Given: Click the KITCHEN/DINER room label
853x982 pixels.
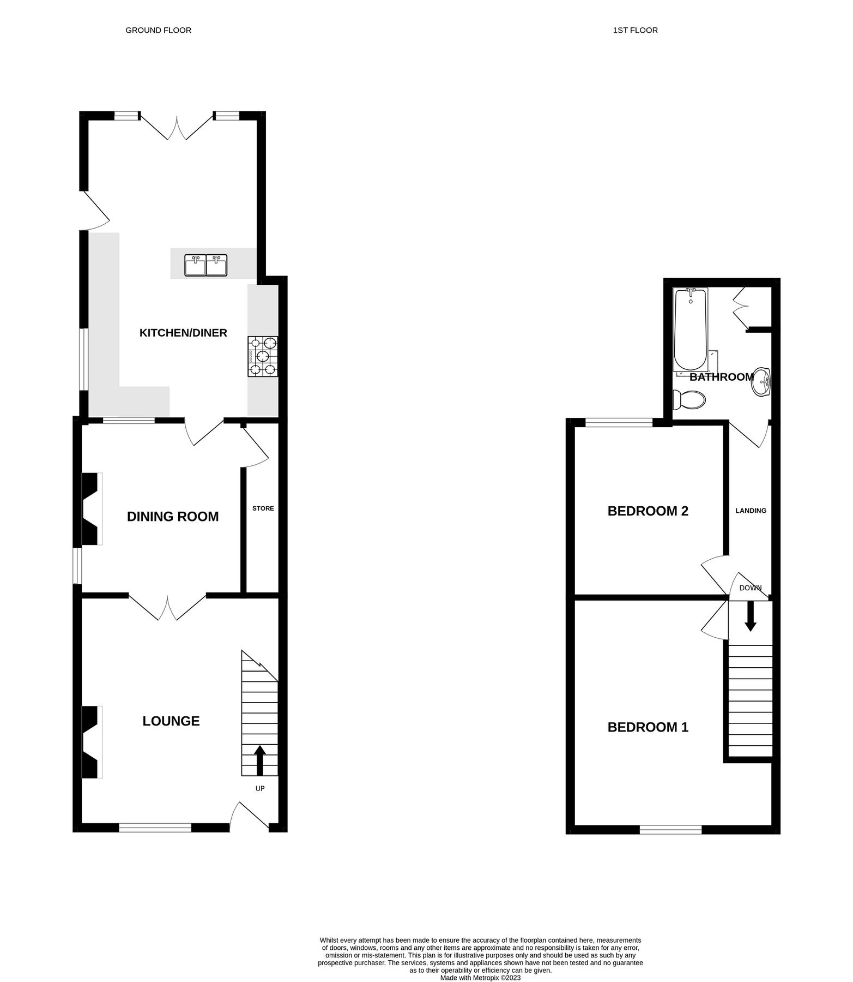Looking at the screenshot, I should coord(183,333).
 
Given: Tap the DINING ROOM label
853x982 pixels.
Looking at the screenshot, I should coord(173,516).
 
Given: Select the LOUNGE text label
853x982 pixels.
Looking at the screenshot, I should coord(171,721).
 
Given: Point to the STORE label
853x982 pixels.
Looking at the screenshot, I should coord(263,508).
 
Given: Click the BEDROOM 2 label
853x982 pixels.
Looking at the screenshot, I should coord(648,511).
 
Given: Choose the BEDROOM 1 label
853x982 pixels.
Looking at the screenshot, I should coord(648,727).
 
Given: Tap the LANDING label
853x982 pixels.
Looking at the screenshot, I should coord(751,511).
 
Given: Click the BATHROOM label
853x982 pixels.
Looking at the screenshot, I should coord(721,377).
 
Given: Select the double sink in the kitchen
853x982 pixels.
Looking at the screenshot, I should coord(206,265).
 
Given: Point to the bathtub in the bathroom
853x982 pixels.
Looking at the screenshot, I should coord(690,330).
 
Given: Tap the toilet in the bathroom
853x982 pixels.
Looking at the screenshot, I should coord(689,400).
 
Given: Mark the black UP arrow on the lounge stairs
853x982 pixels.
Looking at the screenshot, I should coord(259,759).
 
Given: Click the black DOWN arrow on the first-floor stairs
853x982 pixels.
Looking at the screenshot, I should coord(751,615).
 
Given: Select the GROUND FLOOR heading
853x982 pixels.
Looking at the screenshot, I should coord(158,31).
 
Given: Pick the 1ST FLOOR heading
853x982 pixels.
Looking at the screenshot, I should coord(635,31).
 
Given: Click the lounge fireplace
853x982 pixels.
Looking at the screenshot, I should coord(92,742).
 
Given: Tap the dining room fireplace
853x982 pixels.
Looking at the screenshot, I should coord(92,508).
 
